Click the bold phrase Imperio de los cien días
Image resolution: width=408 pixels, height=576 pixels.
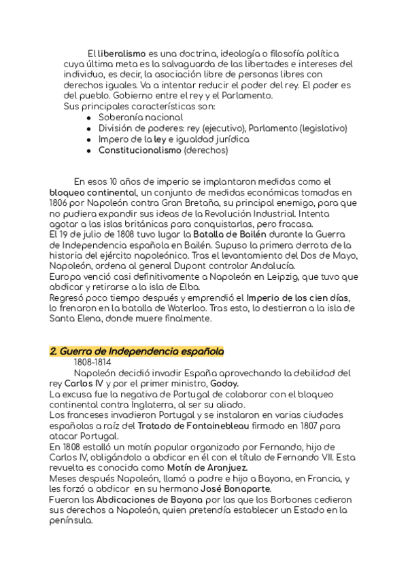pyautogui.click(x=298, y=298)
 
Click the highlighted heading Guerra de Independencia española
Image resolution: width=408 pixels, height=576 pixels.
pyautogui.click(x=137, y=351)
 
